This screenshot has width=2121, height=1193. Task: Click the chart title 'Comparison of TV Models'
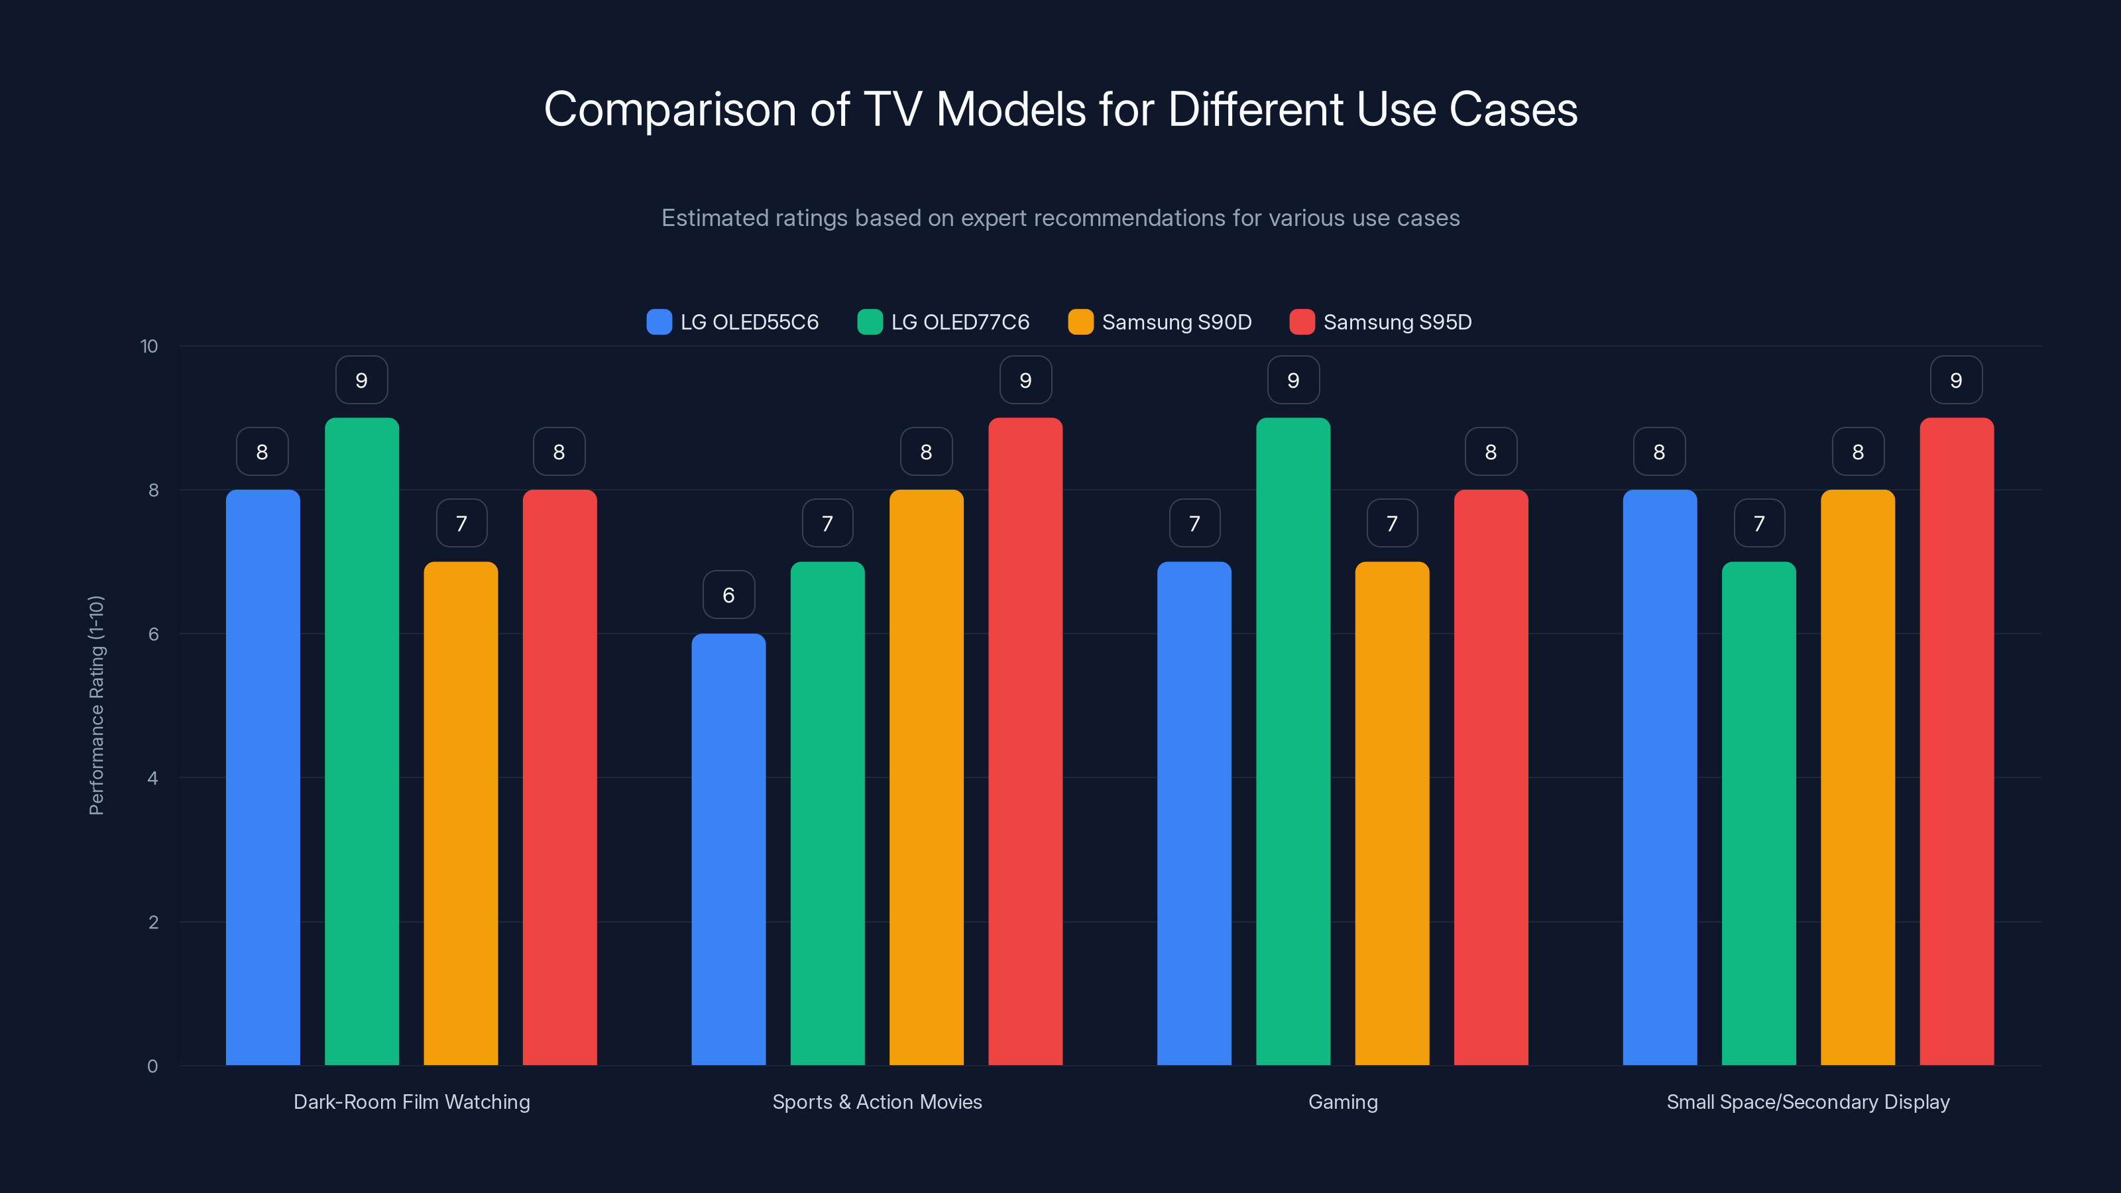tap(1060, 109)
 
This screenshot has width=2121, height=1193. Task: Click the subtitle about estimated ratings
tap(1060, 218)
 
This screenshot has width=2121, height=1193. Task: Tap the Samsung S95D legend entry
tap(1380, 322)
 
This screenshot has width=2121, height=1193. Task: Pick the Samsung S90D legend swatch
tap(1080, 322)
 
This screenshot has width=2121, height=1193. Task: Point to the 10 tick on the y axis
tap(149, 346)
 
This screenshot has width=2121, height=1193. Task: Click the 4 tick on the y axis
tap(152, 778)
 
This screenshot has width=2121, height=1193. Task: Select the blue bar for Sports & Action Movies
tap(728, 848)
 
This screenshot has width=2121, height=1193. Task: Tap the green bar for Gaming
tap(1292, 741)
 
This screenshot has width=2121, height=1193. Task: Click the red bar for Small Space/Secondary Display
tap(1957, 741)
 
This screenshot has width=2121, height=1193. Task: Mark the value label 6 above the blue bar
tap(728, 595)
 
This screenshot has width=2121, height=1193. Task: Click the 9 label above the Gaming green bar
tap(1292, 380)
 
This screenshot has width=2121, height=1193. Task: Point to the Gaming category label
tap(1343, 1102)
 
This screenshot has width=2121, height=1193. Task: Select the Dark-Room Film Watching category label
tap(412, 1102)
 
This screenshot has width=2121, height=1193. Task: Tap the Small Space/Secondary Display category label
tap(1808, 1102)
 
